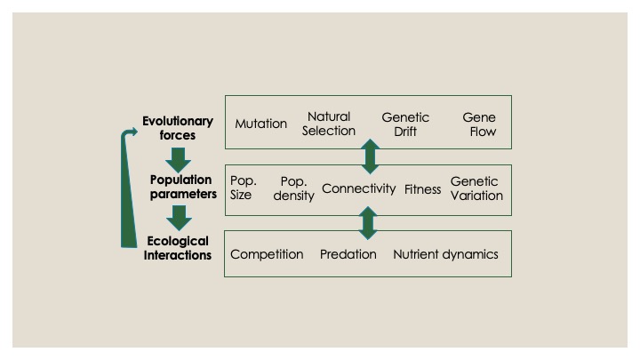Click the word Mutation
tap(260, 124)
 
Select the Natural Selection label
tap(329, 124)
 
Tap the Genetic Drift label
tap(405, 124)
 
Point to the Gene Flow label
tap(479, 124)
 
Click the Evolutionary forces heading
tap(178, 128)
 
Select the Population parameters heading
tap(182, 187)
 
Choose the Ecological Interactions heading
tap(178, 248)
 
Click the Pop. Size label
tap(243, 188)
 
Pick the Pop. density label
tap(293, 188)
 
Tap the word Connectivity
tap(358, 188)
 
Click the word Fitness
tap(423, 189)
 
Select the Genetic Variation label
tap(476, 188)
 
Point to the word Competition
tap(267, 254)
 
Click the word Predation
tap(348, 254)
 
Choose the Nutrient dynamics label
tap(445, 254)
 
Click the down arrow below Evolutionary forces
tap(180, 158)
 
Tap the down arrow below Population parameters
tap(180, 217)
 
